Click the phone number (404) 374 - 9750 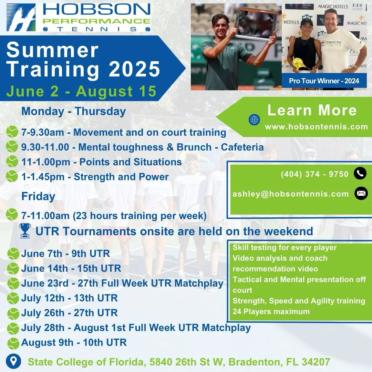[x=314, y=174]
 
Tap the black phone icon [x=360, y=173]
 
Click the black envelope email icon [x=361, y=193]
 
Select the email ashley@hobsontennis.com [x=291, y=194]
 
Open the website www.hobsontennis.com [x=317, y=127]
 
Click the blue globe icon [x=254, y=120]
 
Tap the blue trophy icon [x=25, y=230]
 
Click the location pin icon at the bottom [x=13, y=362]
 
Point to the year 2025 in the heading [x=134, y=69]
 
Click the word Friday [x=38, y=196]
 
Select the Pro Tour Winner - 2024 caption [x=324, y=81]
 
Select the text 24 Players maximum [x=271, y=311]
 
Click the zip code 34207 [x=316, y=362]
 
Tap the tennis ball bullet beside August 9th [x=13, y=343]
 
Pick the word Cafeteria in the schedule [x=242, y=147]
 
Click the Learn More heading [x=312, y=110]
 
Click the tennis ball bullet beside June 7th [x=13, y=254]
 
